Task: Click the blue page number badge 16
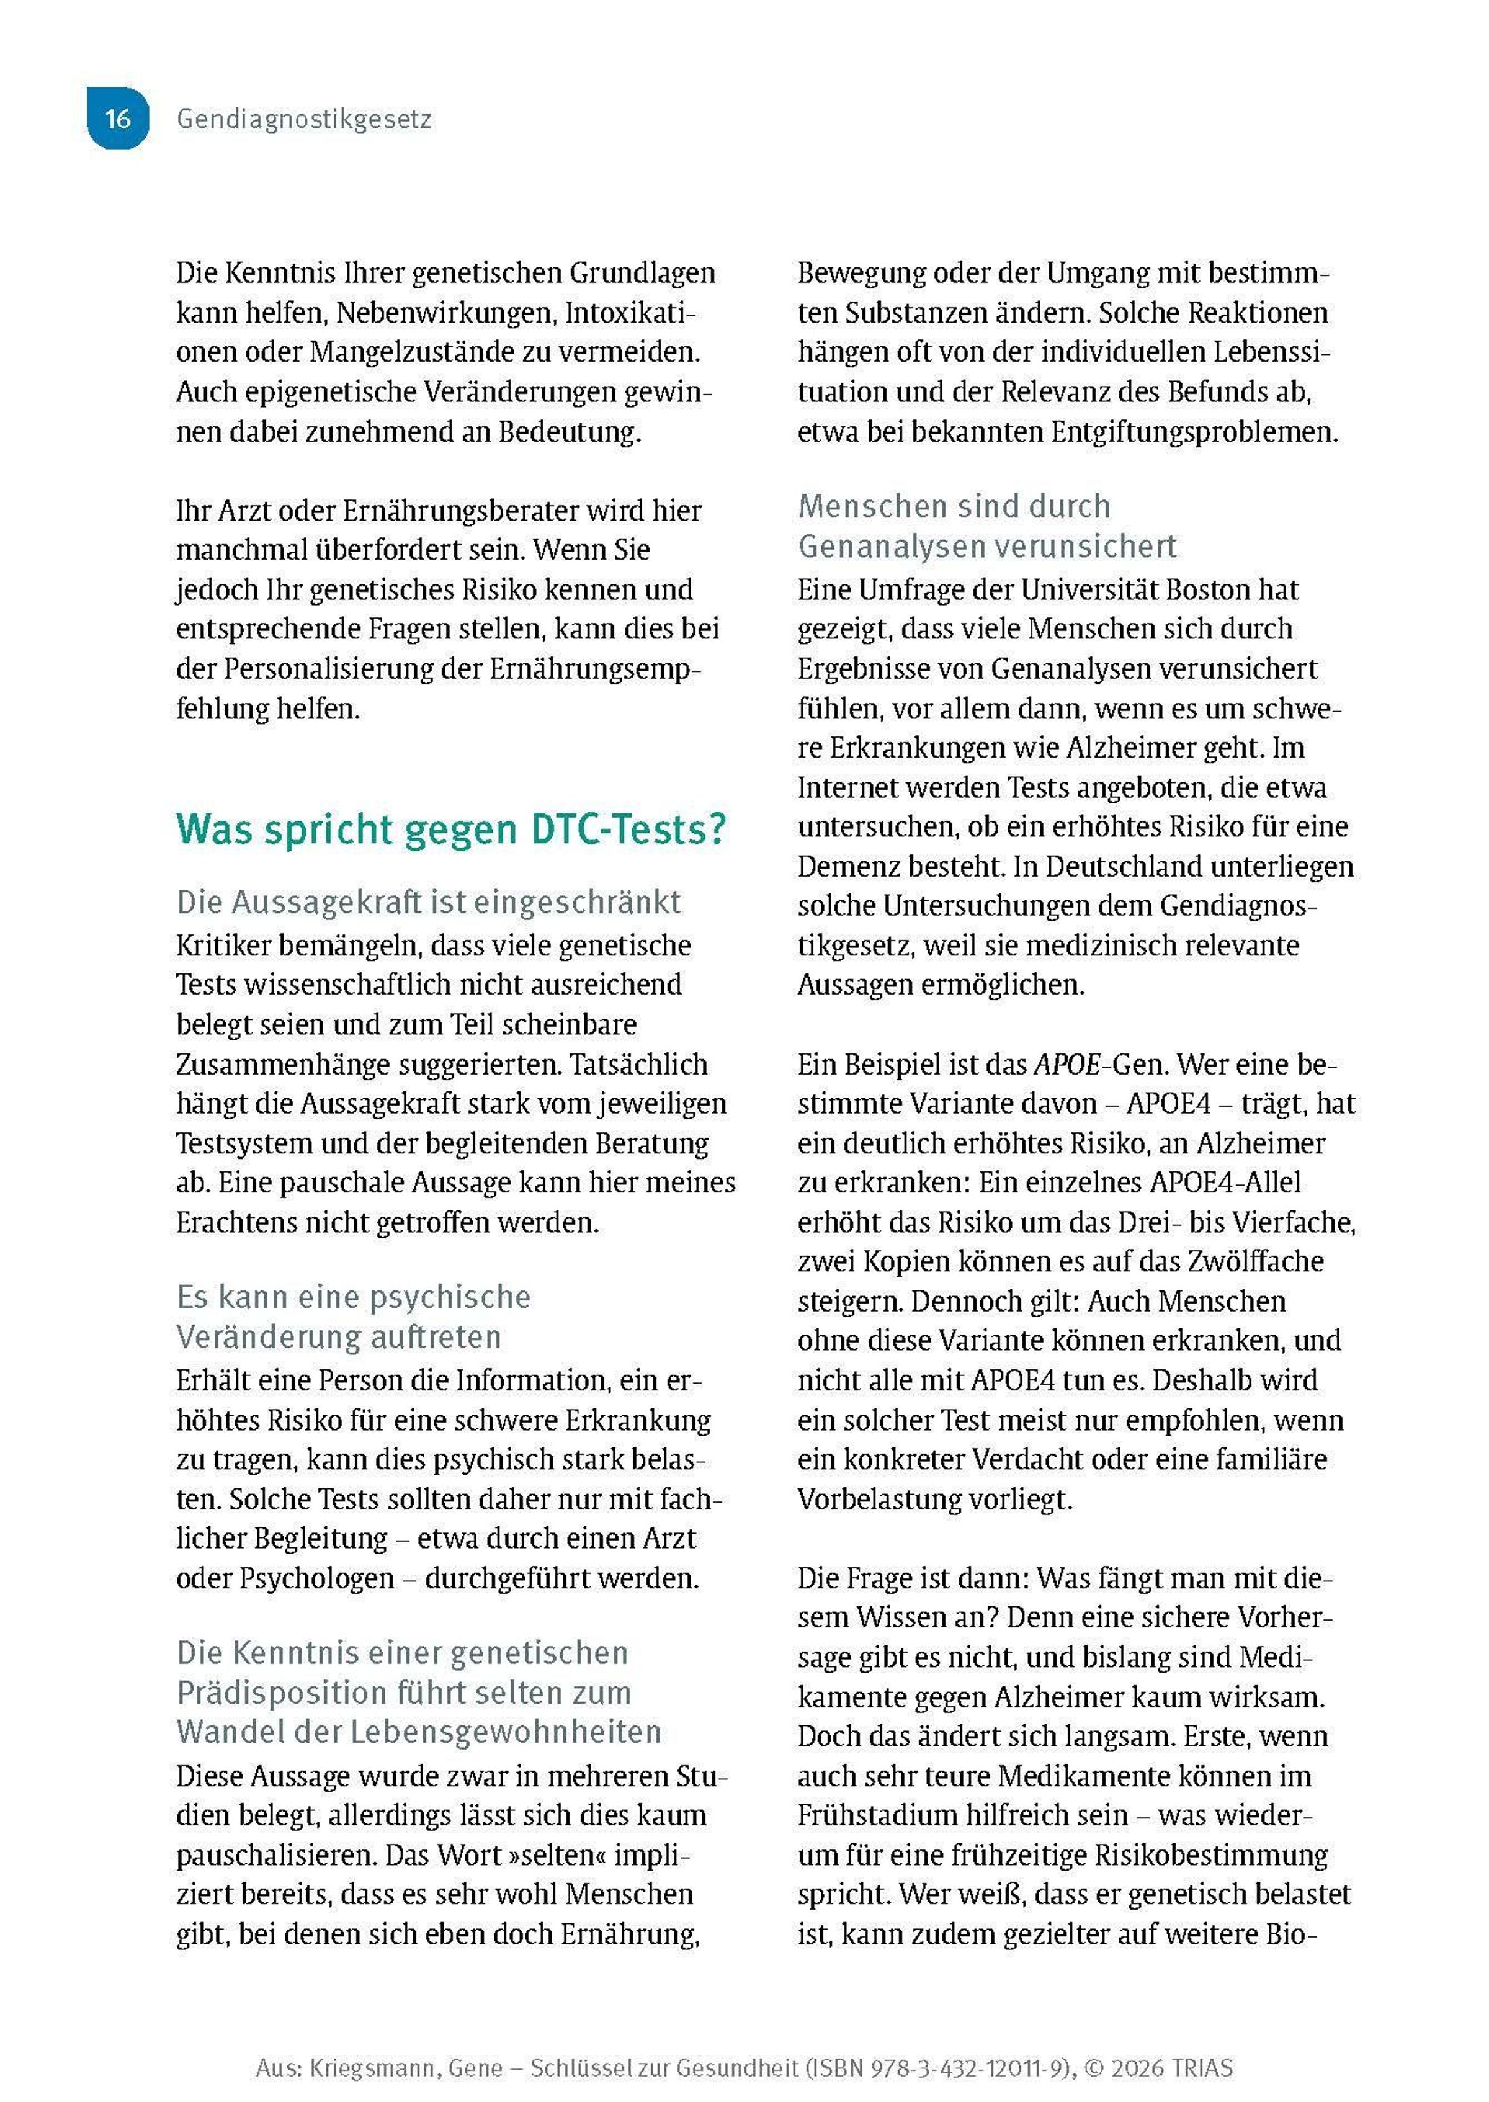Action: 117,119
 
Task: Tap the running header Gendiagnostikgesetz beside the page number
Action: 303,119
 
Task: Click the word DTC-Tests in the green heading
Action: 627,829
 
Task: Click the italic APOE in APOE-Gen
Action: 1066,1064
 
